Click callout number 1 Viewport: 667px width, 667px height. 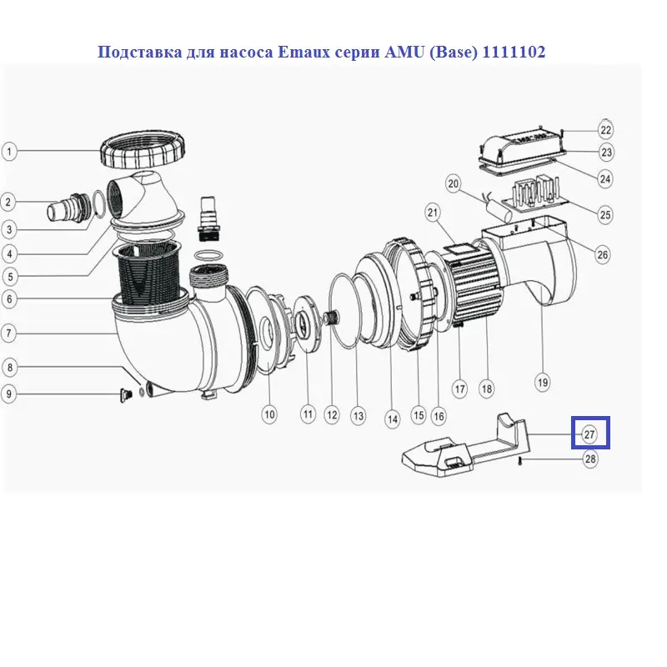9,152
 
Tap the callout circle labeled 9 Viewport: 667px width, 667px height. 9,394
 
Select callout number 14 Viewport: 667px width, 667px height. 392,419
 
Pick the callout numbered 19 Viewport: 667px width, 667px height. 543,383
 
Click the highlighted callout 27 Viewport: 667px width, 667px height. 589,434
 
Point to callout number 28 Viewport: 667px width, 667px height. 590,459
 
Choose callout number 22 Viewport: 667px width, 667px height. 605,130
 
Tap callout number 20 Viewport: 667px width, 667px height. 454,183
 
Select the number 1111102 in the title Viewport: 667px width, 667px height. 514,52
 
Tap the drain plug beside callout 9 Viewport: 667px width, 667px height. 124,395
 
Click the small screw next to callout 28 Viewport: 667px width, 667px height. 520,460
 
